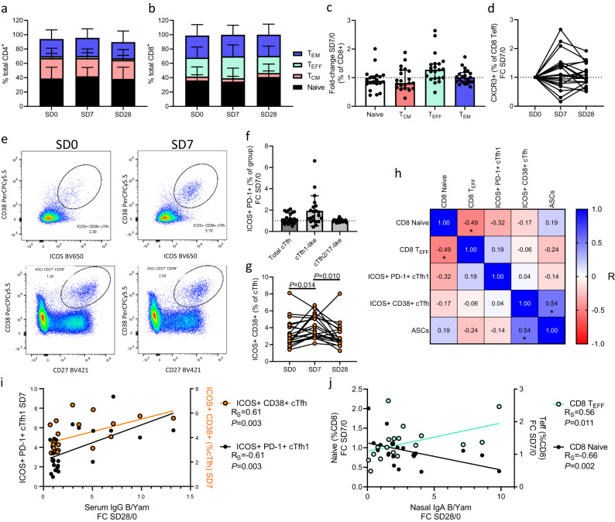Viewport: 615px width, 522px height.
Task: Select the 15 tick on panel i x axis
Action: point(191,495)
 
